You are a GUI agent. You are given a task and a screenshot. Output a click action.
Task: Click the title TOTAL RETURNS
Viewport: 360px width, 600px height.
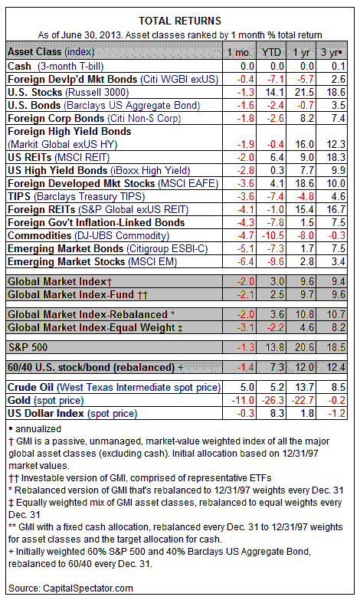click(180, 21)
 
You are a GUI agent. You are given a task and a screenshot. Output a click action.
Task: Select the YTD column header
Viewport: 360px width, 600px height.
click(271, 52)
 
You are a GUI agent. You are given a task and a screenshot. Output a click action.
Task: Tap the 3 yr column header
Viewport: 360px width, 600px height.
click(331, 52)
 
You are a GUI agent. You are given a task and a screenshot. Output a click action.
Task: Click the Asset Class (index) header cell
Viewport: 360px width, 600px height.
click(51, 51)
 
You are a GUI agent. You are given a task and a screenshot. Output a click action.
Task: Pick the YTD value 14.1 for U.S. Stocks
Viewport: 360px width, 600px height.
click(275, 92)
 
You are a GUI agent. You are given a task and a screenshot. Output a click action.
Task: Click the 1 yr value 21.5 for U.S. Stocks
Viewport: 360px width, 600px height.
click(304, 92)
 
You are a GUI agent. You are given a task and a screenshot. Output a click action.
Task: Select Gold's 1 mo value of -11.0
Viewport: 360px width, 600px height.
click(243, 400)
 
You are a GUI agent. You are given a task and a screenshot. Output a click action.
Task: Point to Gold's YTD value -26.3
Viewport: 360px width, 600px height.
click(273, 400)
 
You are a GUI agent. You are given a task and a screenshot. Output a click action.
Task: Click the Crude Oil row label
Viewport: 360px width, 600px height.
click(114, 387)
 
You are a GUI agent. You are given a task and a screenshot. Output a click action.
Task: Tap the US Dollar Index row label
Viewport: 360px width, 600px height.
click(72, 413)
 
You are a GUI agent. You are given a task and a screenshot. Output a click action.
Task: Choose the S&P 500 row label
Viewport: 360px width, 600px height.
click(28, 347)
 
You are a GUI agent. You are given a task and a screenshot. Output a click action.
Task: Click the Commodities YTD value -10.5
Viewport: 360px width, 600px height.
click(273, 235)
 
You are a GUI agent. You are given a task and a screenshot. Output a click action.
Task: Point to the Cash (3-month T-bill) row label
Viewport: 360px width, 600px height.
click(55, 66)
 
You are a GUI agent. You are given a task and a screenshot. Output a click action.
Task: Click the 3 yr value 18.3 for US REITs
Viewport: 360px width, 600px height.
click(335, 157)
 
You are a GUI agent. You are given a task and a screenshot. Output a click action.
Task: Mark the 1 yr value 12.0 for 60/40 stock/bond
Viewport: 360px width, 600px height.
click(304, 367)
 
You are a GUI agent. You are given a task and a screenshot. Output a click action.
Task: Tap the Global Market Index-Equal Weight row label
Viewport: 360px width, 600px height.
click(95, 327)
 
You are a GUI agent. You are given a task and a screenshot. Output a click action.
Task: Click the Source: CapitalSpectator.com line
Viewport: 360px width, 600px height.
click(70, 589)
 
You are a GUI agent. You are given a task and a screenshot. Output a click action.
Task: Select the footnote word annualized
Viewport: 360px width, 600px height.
click(38, 429)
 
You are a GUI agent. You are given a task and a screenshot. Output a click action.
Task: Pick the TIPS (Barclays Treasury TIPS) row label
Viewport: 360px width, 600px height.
click(76, 196)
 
